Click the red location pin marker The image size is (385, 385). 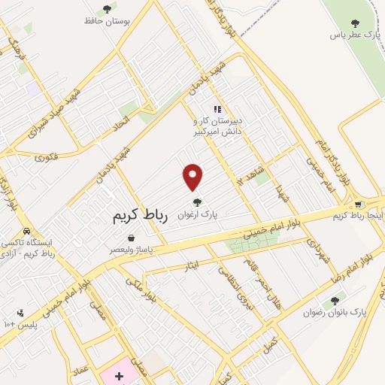coord(193,177)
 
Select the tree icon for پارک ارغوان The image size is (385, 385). coord(197,202)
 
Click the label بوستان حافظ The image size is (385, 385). coord(108,21)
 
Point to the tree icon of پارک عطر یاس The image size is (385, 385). coord(356,23)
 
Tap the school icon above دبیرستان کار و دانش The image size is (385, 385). coord(217,109)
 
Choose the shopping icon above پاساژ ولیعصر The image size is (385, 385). coord(132,238)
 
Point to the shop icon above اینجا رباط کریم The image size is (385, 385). coord(359,204)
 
